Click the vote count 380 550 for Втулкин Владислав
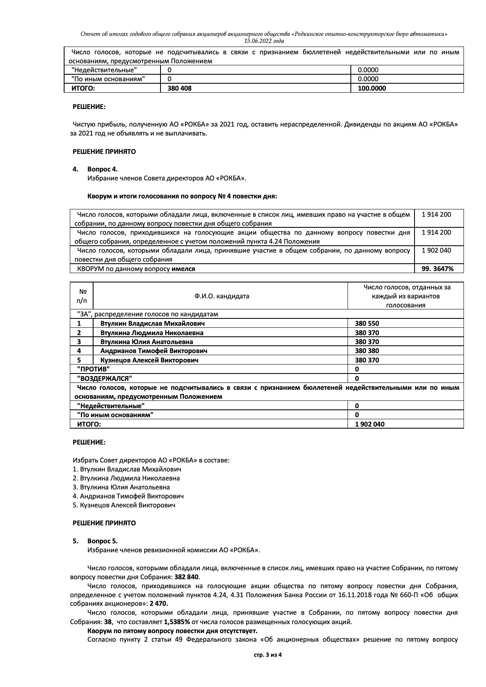pos(367,323)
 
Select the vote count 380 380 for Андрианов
pos(367,351)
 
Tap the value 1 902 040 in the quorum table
pos(436,250)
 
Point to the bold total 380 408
pos(179,88)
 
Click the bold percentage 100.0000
pos(372,88)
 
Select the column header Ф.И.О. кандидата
pos(222,296)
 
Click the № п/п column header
pos(82,296)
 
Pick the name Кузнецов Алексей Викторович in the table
pos(149,360)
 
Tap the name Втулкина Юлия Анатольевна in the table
pos(147,342)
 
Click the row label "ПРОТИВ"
pos(94,369)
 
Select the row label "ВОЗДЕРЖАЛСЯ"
pos(105,378)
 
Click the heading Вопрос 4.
pos(102,169)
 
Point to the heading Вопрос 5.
pos(102,541)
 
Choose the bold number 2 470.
pos(159,603)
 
